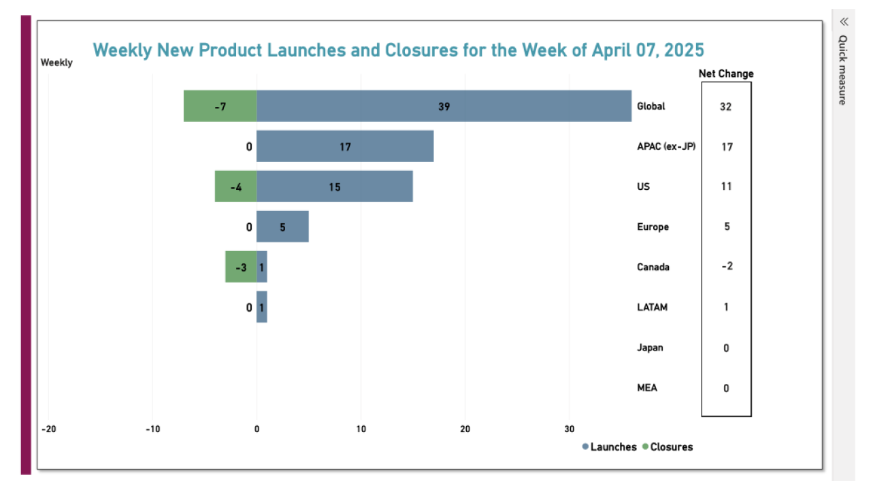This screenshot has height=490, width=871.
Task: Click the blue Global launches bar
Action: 444,106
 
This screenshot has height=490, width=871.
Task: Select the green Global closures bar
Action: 220,106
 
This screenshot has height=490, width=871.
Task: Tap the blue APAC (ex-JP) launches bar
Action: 345,146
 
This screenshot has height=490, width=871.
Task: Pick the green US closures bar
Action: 235,186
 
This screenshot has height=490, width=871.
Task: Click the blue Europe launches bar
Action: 282,227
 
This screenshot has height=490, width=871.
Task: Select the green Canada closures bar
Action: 240,267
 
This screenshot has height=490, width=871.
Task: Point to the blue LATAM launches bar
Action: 262,307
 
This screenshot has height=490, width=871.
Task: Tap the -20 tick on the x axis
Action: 48,429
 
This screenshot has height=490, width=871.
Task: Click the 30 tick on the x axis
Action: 570,429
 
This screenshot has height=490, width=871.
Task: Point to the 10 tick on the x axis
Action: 361,429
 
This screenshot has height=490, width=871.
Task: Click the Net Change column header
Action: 726,74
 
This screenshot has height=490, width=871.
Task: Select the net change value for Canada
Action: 726,267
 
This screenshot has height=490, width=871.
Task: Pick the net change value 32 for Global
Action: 726,107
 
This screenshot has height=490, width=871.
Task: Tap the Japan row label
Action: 650,348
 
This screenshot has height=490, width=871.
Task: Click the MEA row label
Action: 647,388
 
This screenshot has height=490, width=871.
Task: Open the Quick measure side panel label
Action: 842,70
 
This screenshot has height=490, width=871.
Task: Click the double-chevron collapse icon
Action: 844,21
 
